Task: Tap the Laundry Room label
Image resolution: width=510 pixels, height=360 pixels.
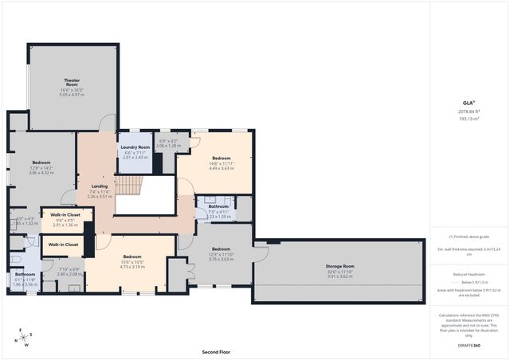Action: point(135,147)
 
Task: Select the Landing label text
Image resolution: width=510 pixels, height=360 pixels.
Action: point(100,186)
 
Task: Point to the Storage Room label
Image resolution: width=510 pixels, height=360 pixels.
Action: point(339,266)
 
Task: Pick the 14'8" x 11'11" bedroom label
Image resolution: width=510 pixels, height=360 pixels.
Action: point(221,158)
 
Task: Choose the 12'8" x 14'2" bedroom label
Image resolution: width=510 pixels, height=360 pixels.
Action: point(41,162)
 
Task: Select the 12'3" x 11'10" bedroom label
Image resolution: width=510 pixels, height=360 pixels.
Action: point(221,248)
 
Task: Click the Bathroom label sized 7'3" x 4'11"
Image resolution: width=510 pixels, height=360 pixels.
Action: point(219,206)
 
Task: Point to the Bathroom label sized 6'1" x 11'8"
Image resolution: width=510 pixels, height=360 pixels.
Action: point(25,275)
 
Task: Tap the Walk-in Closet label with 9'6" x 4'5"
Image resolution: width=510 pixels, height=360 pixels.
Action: point(65,215)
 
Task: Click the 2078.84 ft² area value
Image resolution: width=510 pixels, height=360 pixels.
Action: point(469,112)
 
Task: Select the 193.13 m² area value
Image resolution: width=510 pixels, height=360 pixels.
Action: point(469,119)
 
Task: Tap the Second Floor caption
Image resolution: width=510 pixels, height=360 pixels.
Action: point(215,351)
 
